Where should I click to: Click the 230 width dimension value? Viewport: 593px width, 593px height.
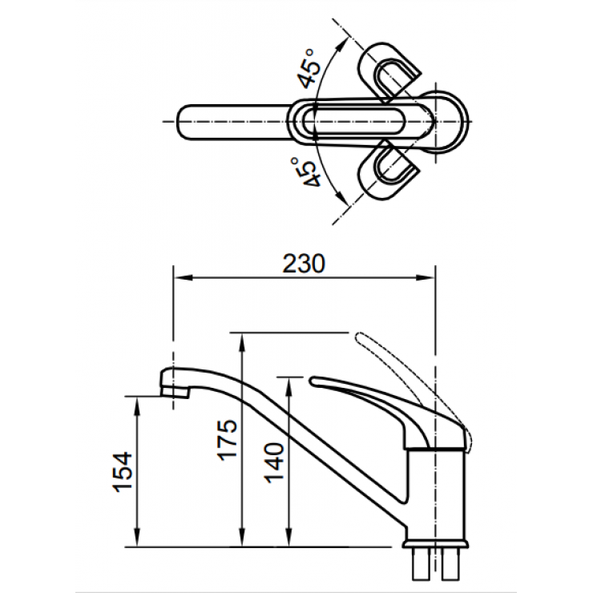[305, 264]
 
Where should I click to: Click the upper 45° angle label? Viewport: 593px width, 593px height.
[305, 69]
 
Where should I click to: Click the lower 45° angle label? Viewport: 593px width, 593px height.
[305, 172]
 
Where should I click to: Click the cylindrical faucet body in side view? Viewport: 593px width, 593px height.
[438, 489]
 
